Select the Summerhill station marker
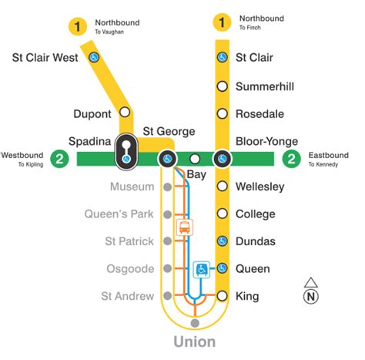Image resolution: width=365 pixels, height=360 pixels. point(222,86)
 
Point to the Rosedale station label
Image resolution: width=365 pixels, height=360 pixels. point(260,114)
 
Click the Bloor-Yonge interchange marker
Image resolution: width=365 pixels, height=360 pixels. point(222,159)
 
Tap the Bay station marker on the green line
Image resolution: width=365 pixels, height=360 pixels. point(195,159)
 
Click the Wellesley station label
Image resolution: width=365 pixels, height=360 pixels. point(260,187)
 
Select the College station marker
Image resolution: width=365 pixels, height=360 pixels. point(222,214)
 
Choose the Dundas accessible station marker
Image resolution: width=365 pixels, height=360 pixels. point(222,241)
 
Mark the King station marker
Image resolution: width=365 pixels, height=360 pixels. point(222,296)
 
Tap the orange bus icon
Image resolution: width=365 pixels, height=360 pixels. point(185,227)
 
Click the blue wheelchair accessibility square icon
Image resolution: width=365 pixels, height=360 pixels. point(201,268)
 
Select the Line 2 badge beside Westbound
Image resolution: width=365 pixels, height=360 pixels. point(59,160)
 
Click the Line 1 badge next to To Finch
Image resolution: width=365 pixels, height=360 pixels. point(222,22)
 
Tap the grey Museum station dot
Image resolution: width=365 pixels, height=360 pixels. point(167,187)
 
